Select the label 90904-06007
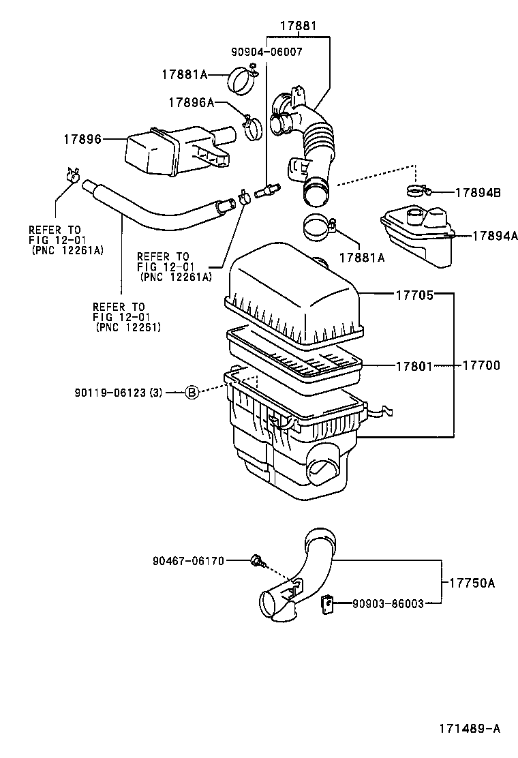(267, 51)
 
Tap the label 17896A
(191, 102)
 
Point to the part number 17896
(82, 139)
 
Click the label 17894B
(476, 193)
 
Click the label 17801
(414, 366)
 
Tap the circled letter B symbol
(192, 392)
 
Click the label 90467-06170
(188, 560)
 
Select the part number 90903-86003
(388, 603)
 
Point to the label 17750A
(472, 583)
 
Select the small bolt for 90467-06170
(257, 560)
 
